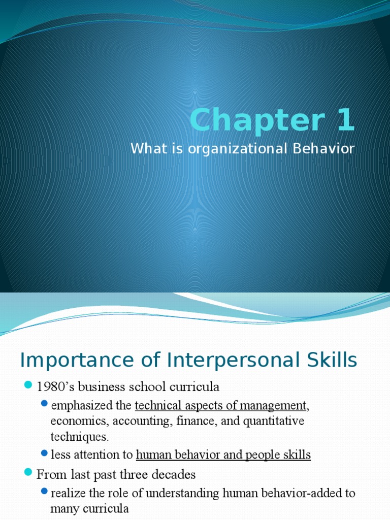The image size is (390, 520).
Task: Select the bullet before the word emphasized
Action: point(45,404)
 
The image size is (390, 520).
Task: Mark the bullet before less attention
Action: point(45,453)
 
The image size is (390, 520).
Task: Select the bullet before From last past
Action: point(28,474)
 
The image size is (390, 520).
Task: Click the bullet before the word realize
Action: point(45,491)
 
